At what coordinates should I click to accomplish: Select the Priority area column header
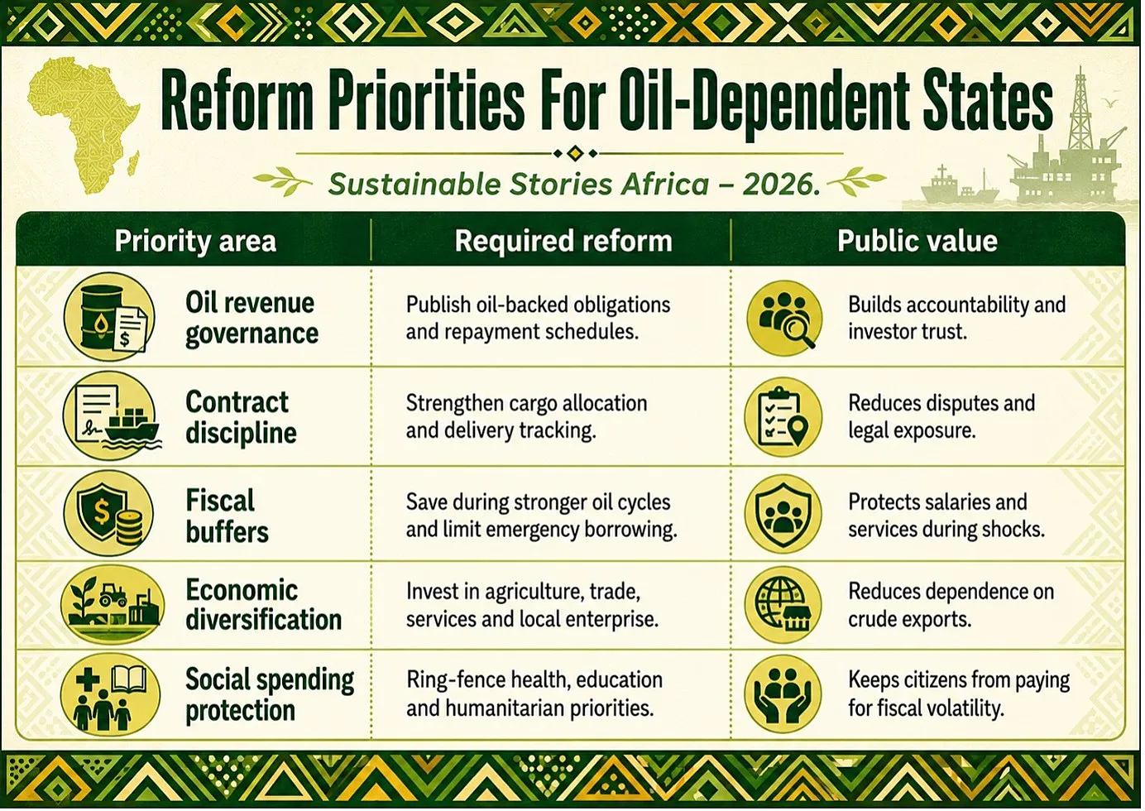[x=195, y=241]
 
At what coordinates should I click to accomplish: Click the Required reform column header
[x=563, y=241]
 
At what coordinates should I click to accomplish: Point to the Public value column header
[x=917, y=241]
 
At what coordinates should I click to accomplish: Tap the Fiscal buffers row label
[x=227, y=516]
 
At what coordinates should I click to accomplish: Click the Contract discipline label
[x=242, y=417]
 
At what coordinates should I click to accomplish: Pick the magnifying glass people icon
[x=784, y=318]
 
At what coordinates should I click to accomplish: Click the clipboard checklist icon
[x=783, y=417]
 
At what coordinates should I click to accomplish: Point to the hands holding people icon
[x=783, y=693]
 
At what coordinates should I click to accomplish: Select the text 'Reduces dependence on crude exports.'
[x=951, y=606]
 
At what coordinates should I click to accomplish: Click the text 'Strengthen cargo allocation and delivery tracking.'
[x=526, y=417]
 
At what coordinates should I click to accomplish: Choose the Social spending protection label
[x=270, y=695]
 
